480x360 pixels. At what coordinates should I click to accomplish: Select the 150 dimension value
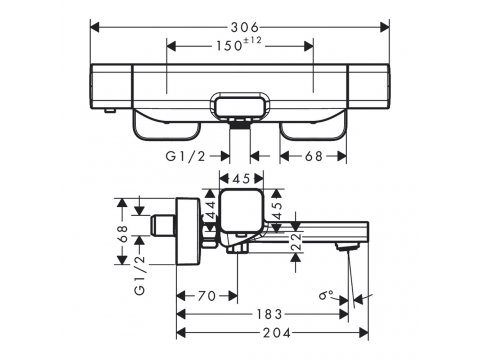click(x=229, y=46)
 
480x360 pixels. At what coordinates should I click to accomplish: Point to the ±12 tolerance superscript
click(x=252, y=41)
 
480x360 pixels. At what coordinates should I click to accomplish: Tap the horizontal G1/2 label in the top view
click(x=186, y=156)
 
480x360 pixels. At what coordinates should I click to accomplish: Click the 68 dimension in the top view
click(x=314, y=156)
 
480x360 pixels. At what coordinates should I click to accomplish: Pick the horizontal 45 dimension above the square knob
click(x=242, y=179)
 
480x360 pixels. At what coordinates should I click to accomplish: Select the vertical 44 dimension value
click(x=211, y=210)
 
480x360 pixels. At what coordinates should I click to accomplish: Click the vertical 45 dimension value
click(x=277, y=210)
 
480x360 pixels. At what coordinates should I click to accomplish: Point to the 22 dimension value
click(x=296, y=241)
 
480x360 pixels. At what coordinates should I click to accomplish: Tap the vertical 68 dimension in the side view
click(x=122, y=233)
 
